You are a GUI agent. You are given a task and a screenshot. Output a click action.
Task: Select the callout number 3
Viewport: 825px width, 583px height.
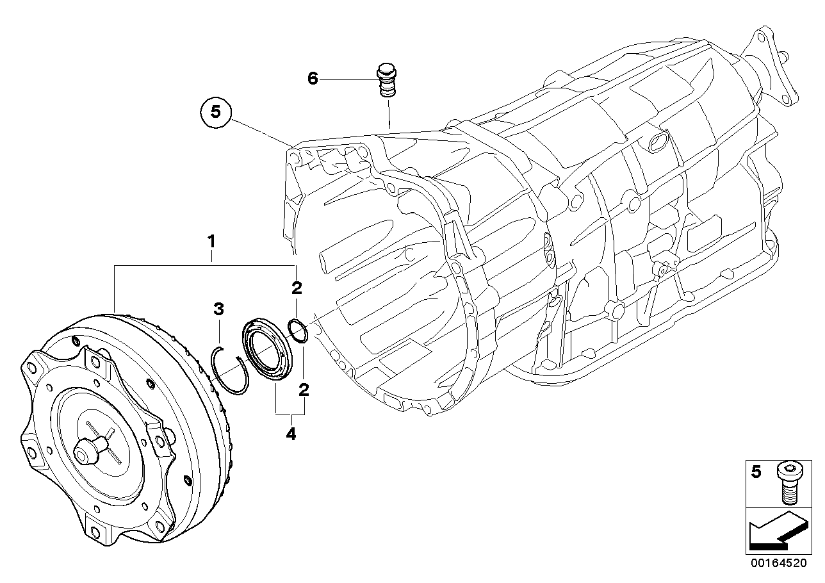click(x=219, y=310)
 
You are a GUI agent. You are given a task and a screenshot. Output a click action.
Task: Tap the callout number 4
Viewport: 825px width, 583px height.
click(x=291, y=434)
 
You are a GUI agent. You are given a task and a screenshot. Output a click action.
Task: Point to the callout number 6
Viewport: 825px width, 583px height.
click(x=313, y=79)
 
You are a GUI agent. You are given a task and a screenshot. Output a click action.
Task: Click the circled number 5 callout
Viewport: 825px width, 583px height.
click(x=215, y=112)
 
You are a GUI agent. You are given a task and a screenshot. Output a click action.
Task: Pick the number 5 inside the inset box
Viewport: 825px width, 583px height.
click(x=756, y=473)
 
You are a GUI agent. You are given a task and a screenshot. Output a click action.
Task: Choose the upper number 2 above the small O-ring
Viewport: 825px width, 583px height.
click(x=297, y=288)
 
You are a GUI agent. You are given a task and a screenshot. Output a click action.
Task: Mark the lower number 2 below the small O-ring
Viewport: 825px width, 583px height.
click(x=304, y=389)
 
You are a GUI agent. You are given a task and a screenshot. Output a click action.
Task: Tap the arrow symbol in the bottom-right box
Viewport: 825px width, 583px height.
click(x=775, y=531)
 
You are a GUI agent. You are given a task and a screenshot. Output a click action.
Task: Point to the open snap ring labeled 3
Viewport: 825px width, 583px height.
click(x=228, y=370)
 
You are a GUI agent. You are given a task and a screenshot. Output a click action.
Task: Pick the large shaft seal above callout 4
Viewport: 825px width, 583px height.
click(x=268, y=351)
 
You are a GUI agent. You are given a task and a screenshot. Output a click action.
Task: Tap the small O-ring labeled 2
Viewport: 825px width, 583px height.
click(x=298, y=331)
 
